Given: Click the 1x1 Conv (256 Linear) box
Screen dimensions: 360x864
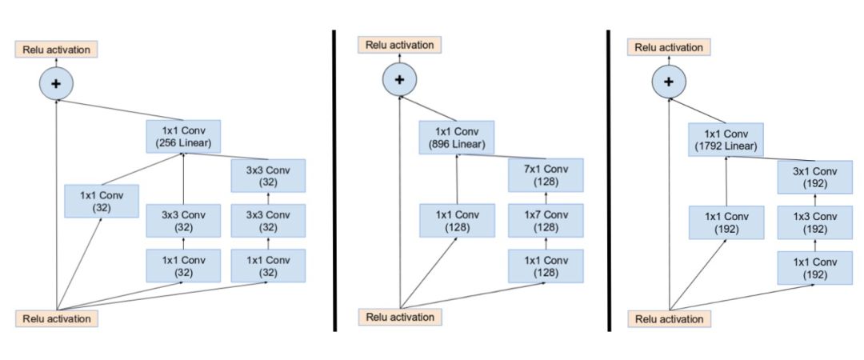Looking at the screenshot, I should (x=182, y=137).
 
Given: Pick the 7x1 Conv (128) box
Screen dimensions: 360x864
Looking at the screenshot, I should (x=546, y=175).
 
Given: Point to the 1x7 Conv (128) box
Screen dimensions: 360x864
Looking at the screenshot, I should (x=546, y=221).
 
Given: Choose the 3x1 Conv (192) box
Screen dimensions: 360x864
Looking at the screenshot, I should (x=815, y=176).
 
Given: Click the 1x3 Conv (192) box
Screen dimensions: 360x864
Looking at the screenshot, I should (x=815, y=222).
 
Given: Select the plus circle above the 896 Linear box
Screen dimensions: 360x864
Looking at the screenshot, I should (x=399, y=78).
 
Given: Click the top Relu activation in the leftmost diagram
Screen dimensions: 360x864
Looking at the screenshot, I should (x=55, y=49).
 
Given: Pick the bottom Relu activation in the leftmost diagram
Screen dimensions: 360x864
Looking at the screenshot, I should (x=55, y=318).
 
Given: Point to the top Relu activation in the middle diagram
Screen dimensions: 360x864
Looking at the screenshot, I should (x=400, y=45).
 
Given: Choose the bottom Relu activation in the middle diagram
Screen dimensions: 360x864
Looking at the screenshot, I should (x=400, y=317).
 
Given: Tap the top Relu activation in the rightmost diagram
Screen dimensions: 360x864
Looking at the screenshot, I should (x=670, y=48).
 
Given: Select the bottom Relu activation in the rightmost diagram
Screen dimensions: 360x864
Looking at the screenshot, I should (x=670, y=319).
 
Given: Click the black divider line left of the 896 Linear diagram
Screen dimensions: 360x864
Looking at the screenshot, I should (x=334, y=180).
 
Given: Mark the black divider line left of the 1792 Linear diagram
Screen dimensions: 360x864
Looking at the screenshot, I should (x=609, y=180).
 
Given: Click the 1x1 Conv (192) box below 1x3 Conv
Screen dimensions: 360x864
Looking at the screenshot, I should (x=815, y=267).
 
